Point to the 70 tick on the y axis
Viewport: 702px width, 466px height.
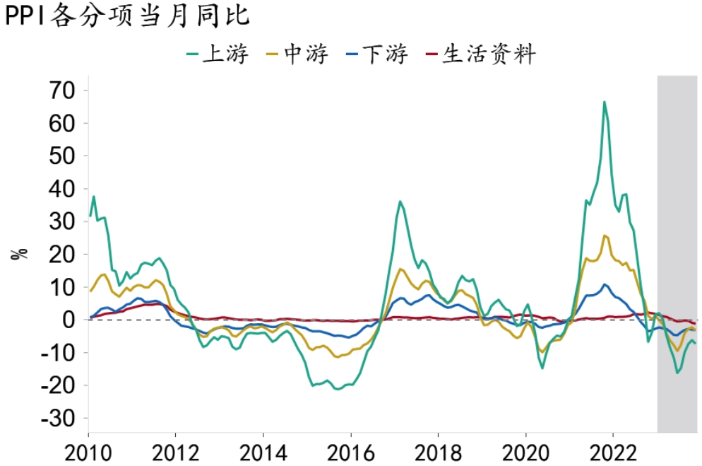coord(60,91)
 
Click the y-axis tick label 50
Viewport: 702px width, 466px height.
coord(60,156)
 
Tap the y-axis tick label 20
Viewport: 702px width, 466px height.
coord(60,255)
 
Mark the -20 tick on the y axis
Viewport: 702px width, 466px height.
coord(56,385)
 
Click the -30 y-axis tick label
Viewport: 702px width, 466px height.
coord(56,419)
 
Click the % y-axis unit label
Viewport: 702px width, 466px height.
coord(20,253)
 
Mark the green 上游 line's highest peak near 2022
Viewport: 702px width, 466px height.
coord(604,102)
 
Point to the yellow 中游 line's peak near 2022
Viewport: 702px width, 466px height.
coord(605,235)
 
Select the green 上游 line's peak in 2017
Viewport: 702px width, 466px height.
coord(400,202)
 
